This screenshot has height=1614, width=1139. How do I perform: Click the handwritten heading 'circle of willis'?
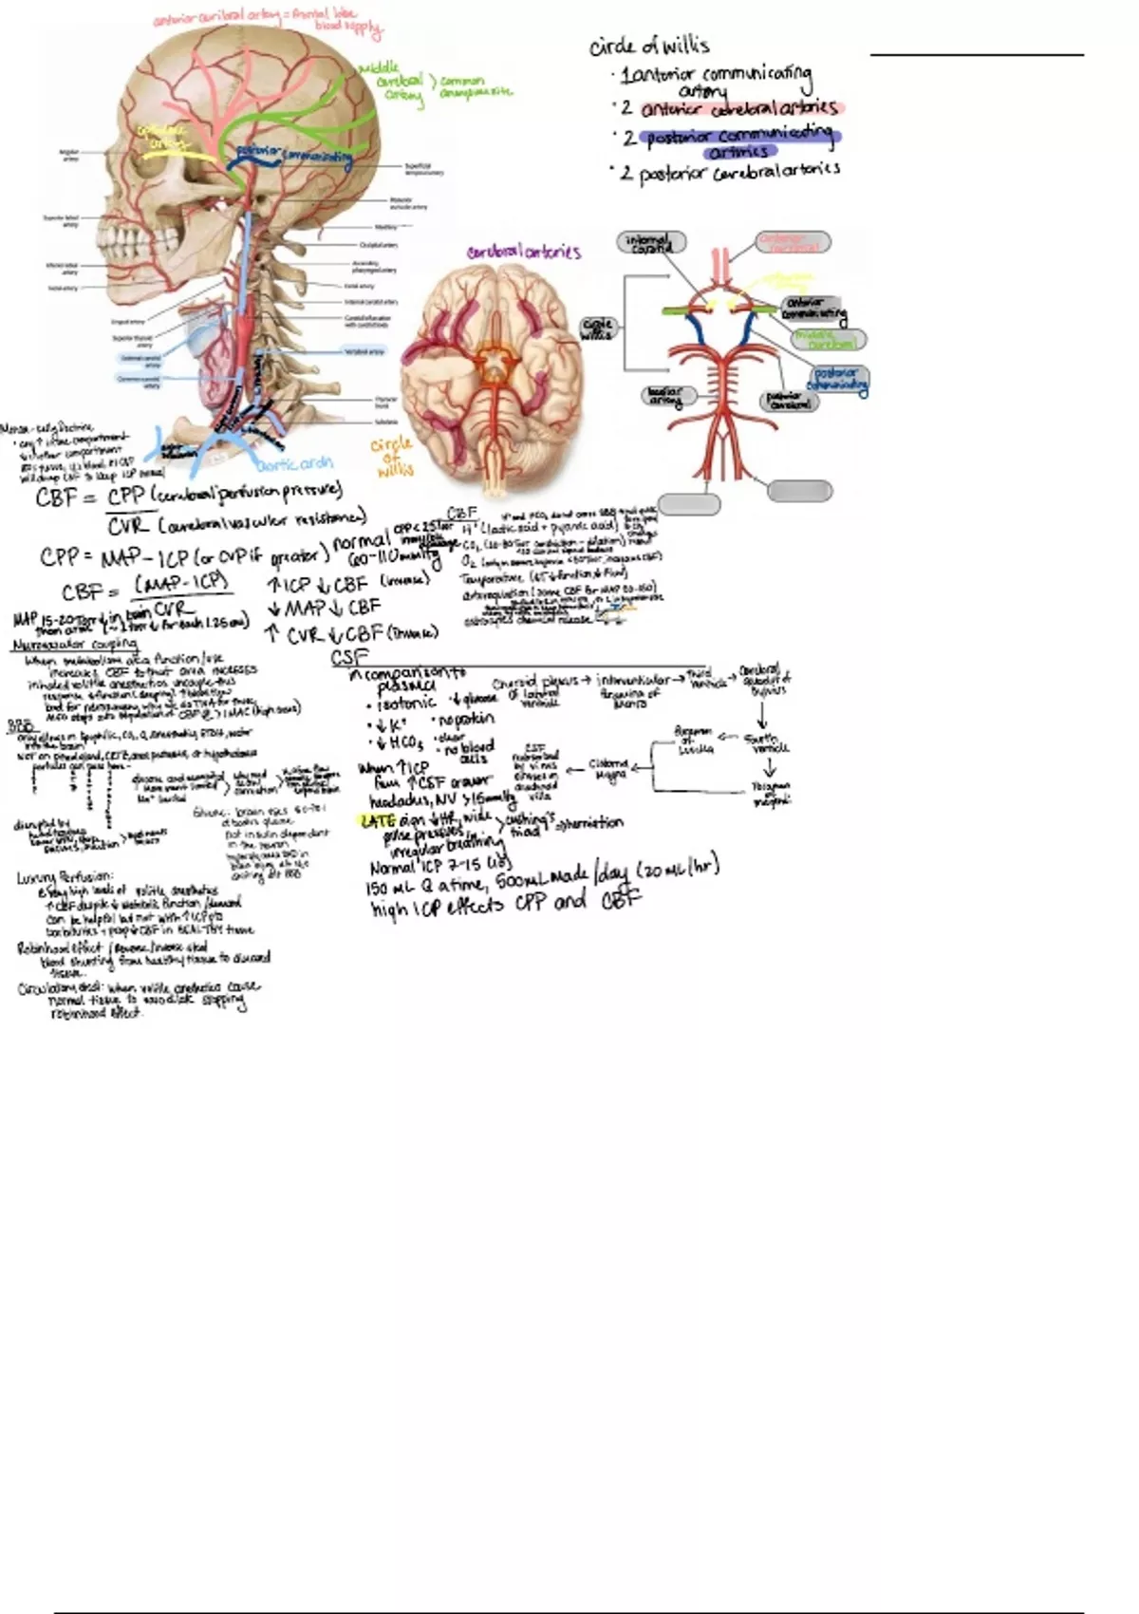[649, 46]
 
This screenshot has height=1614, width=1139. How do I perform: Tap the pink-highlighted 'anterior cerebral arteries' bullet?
[738, 108]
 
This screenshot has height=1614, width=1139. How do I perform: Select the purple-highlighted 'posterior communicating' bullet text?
[739, 139]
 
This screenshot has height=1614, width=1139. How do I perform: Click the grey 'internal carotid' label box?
[652, 243]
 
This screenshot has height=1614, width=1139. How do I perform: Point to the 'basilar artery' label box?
[668, 397]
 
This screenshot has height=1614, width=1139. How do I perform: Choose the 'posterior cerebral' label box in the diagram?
[789, 401]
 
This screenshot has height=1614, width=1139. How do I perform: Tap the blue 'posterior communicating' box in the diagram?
[838, 378]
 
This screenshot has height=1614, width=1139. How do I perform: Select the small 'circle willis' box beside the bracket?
[597, 329]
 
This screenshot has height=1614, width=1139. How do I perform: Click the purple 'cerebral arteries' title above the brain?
[523, 253]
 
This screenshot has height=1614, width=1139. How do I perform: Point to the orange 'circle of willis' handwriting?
[391, 457]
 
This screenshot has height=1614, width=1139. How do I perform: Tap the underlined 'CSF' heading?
[348, 657]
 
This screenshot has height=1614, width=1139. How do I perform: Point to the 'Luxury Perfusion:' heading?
[65, 876]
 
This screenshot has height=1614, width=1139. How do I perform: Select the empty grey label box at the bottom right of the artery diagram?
[799, 491]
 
